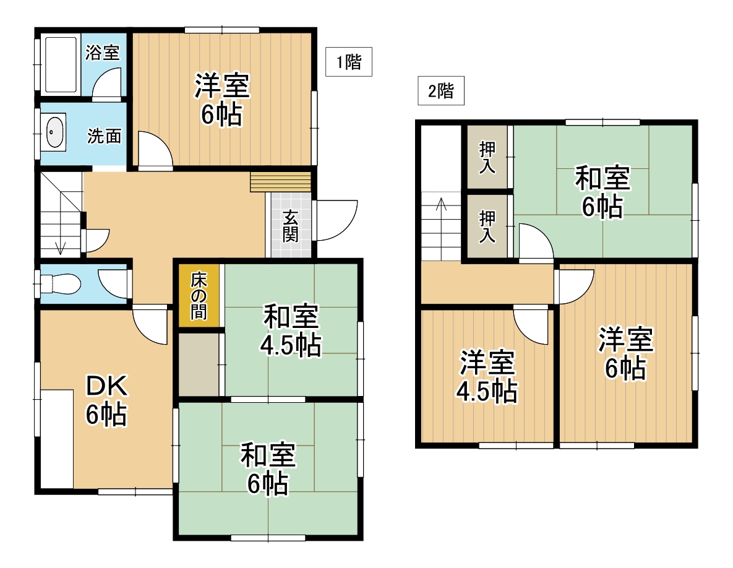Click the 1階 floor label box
[349, 62]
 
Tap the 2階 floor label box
[441, 92]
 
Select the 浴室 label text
[103, 53]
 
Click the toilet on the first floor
[59, 285]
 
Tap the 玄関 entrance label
[290, 226]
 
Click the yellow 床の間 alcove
[198, 296]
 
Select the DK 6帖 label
[106, 400]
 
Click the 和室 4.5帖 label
[291, 332]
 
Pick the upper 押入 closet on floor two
[487, 157]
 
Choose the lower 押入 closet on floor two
[487, 227]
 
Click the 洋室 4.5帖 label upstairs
[487, 377]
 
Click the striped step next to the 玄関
[280, 182]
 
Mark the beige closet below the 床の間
[198, 364]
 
